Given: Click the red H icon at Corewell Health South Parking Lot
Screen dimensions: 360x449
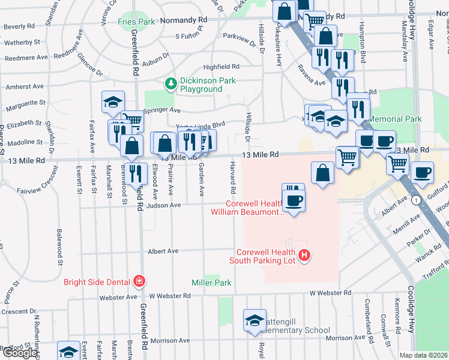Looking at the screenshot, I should (304, 256).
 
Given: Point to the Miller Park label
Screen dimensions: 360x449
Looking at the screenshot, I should (211, 282).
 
